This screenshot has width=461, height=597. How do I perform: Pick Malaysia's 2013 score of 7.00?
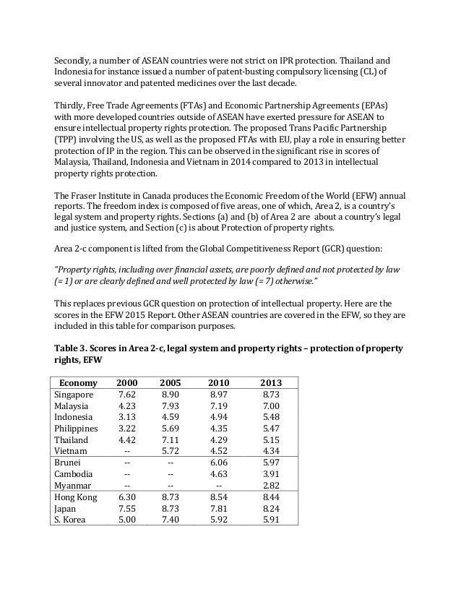(x=271, y=407)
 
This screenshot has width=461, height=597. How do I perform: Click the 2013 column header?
(x=271, y=382)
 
